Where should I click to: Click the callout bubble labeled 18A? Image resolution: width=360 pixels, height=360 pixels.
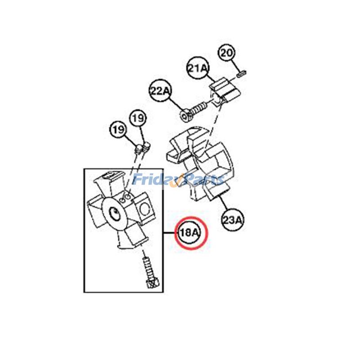pyautogui.click(x=189, y=233)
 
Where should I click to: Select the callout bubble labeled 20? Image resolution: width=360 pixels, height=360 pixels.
pyautogui.click(x=226, y=53)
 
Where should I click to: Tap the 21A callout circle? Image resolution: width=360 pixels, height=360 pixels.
pyautogui.click(x=198, y=68)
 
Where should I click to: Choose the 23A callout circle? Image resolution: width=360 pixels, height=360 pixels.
pyautogui.click(x=233, y=220)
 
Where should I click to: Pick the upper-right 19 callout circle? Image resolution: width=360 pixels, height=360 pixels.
pyautogui.click(x=138, y=118)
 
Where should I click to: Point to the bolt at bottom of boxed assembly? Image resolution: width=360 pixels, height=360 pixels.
pyautogui.click(x=150, y=273)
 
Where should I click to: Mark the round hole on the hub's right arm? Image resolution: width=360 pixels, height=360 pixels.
pyautogui.click(x=144, y=208)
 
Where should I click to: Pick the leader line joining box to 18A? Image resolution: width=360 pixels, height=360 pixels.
pyautogui.click(x=171, y=233)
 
